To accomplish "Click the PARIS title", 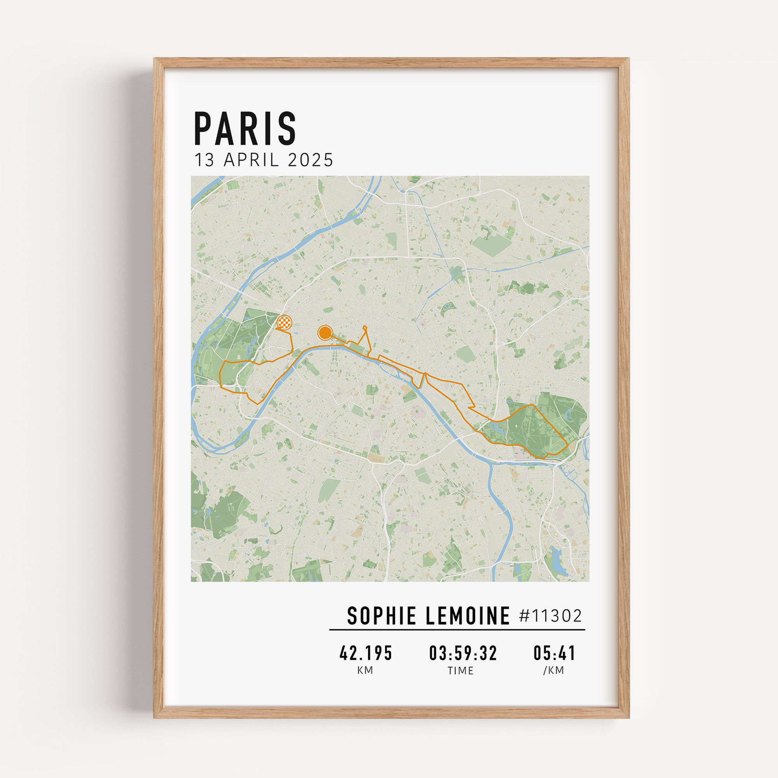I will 245,128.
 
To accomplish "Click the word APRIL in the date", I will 251,160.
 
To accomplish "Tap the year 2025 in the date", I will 310,160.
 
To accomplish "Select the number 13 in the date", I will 204,160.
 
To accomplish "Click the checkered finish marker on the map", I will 284,322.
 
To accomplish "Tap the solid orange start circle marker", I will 324,333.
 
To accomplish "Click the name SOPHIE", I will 381,616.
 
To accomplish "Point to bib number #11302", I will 550,616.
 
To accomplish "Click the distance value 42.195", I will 366,653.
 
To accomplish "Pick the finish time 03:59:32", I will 463,653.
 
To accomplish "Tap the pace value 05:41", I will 554,653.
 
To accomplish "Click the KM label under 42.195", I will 365,671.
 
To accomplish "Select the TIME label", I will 461,671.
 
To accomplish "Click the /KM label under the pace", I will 554,671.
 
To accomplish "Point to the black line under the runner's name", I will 457,629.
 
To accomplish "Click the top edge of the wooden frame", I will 391,62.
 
